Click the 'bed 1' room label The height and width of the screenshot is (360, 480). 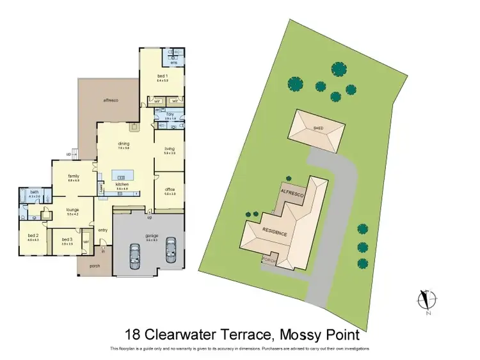[x=162, y=76]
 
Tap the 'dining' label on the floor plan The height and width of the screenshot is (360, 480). [x=124, y=144]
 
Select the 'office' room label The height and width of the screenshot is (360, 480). [x=170, y=189]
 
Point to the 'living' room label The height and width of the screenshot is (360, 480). [x=170, y=149]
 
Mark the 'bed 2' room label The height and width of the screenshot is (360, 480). [x=33, y=236]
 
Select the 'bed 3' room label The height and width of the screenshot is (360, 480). [x=67, y=240]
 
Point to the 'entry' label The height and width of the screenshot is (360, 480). [x=102, y=230]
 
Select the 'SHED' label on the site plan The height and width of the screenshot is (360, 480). [x=318, y=129]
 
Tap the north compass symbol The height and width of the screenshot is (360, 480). [x=426, y=301]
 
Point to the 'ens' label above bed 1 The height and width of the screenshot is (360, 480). [x=173, y=63]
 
